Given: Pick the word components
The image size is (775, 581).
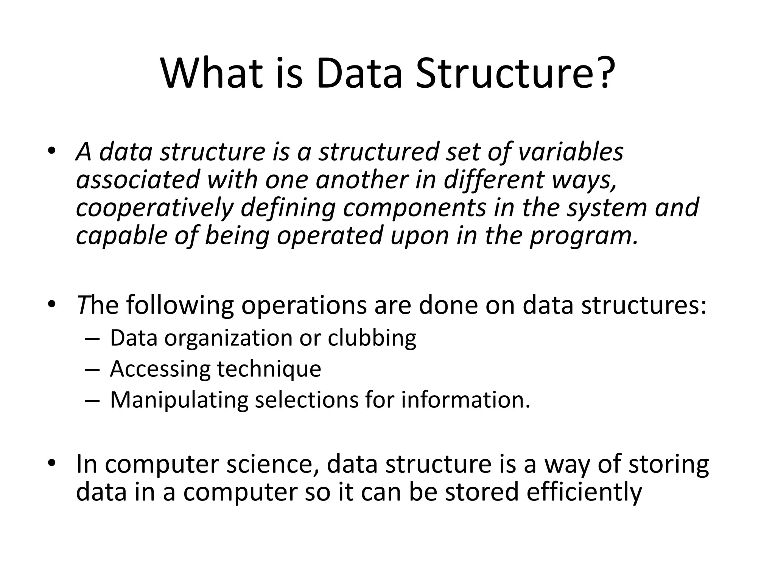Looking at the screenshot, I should (x=414, y=208).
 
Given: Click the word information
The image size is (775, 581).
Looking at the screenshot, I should (x=465, y=400).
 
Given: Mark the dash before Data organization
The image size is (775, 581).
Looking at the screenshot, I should (x=92, y=338).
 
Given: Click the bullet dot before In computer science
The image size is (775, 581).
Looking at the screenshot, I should (x=52, y=463).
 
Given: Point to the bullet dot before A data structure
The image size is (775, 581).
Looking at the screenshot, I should (x=52, y=151).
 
